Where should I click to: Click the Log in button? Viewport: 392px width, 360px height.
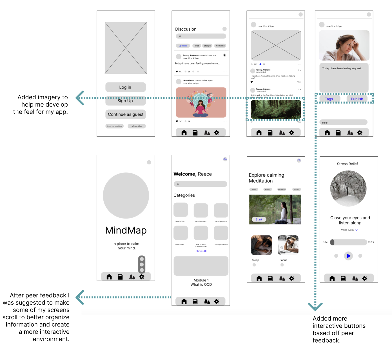(x=125, y=87)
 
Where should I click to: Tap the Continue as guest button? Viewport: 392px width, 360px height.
(x=126, y=114)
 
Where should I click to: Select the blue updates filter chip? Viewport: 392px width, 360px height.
(x=183, y=46)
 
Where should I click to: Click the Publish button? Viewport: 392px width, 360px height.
(x=357, y=99)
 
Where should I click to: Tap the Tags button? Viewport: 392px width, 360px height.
(x=329, y=99)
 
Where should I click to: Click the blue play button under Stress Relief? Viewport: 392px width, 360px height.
(x=348, y=256)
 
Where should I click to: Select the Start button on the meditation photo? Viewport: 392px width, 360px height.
(x=259, y=219)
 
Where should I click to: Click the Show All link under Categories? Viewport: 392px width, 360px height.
(x=201, y=251)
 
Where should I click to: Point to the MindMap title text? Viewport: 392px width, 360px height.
(x=126, y=230)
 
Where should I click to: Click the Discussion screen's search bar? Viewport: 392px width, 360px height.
(x=201, y=36)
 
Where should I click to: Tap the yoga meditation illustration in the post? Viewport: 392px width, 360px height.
(x=201, y=102)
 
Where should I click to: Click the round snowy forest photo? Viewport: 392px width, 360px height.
(x=348, y=188)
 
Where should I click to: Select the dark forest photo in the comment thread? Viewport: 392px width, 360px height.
(x=276, y=109)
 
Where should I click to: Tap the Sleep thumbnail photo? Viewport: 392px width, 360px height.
(x=261, y=245)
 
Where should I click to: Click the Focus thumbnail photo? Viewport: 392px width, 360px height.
(x=288, y=245)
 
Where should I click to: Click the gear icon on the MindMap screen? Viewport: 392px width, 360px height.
(x=142, y=277)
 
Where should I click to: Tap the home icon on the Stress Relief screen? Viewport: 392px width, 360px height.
(x=332, y=278)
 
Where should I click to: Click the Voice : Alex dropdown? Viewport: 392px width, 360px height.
(x=349, y=230)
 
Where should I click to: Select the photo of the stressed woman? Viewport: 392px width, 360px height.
(x=344, y=45)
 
